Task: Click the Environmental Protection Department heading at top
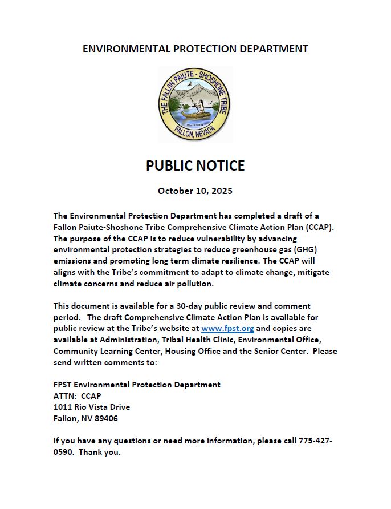[x=195, y=49]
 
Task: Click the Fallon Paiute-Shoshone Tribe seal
[x=195, y=104]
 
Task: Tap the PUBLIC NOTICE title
[x=195, y=165]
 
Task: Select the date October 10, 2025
[x=195, y=191]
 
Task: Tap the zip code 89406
[x=106, y=418]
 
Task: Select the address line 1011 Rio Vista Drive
[x=92, y=407]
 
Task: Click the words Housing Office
[x=182, y=352]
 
